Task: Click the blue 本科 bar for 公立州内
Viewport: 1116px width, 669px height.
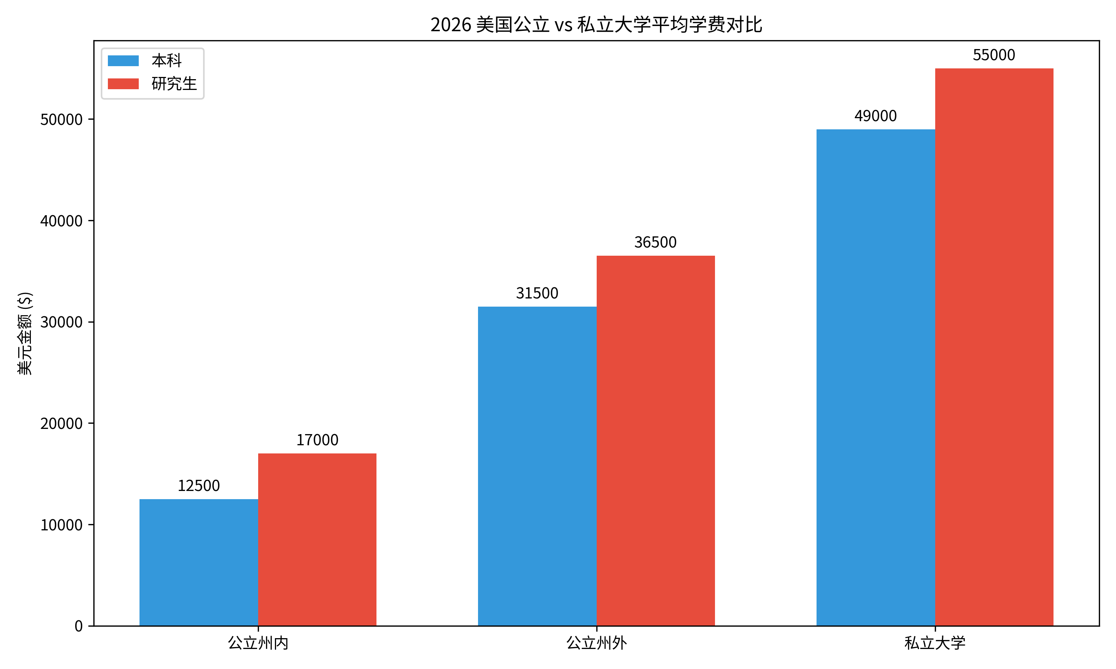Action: click(x=199, y=562)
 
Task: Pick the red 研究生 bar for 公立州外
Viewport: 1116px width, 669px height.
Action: click(x=655, y=440)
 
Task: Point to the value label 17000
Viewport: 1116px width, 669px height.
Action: click(x=317, y=440)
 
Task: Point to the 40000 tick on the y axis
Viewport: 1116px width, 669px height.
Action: click(x=61, y=221)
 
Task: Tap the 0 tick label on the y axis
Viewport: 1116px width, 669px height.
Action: click(x=78, y=626)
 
